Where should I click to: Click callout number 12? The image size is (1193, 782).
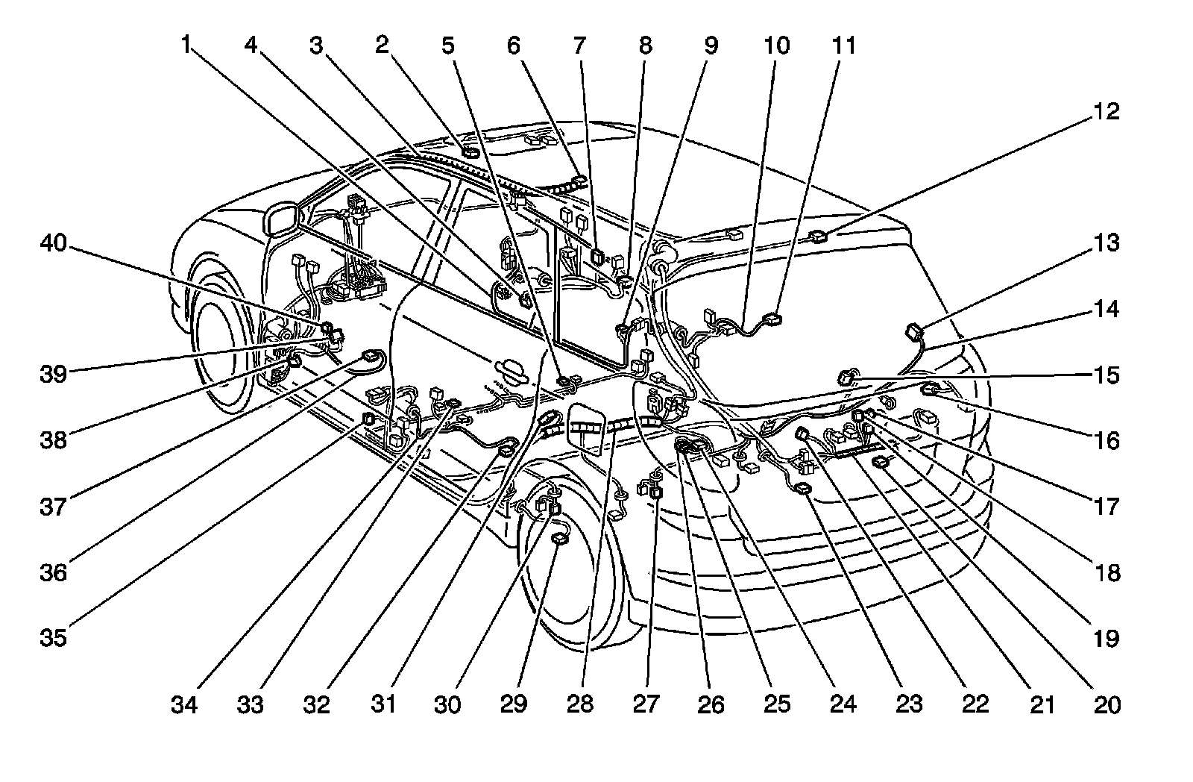coord(1107,113)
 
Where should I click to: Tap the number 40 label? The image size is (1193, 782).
coord(54,244)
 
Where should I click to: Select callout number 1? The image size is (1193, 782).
coord(186,46)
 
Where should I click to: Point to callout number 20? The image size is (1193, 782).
coord(1107,704)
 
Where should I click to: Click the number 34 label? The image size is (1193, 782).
coord(185,704)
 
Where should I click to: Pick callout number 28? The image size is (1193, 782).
coord(579,704)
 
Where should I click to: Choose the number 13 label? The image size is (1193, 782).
coord(1107,244)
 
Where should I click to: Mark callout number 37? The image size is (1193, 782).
coord(54,507)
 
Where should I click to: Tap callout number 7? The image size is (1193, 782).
coord(579,46)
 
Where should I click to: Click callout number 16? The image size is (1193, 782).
coord(1107,441)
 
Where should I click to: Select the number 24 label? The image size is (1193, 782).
coord(843,704)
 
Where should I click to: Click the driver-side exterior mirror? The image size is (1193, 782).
coord(280,216)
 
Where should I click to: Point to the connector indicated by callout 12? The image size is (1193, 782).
coord(818,237)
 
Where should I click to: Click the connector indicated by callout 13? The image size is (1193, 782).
coord(913,331)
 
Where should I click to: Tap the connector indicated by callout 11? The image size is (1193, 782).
coord(775,319)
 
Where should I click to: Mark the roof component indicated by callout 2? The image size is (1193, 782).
coord(470,152)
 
